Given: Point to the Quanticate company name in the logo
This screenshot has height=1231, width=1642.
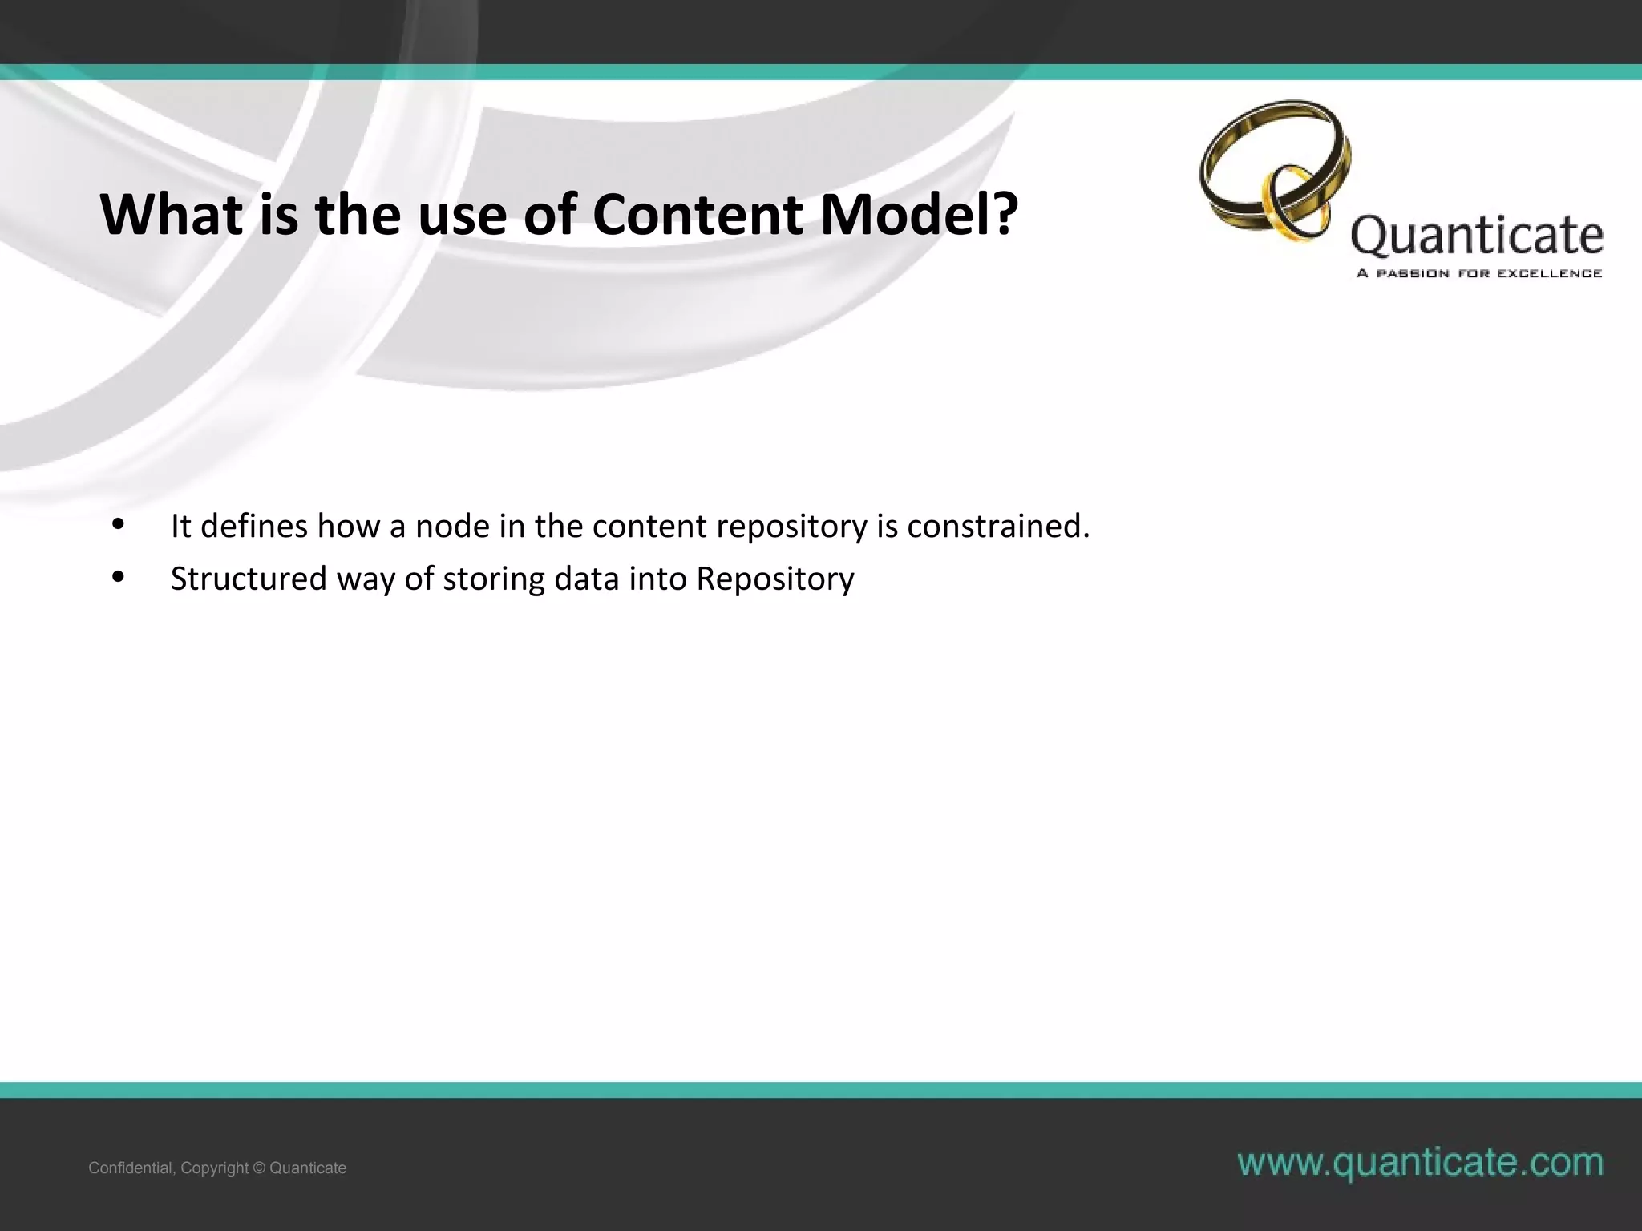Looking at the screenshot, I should coord(1477,236).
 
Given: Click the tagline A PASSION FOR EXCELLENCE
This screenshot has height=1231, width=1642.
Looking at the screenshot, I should coord(1478,273).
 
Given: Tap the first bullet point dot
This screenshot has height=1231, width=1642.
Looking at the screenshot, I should coord(118,526).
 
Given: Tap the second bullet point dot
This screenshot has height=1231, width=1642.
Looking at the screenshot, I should coord(118,578).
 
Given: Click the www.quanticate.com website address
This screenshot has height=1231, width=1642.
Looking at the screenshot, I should coord(1420,1162).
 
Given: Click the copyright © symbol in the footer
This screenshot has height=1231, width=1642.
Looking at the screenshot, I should coord(258,1168).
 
